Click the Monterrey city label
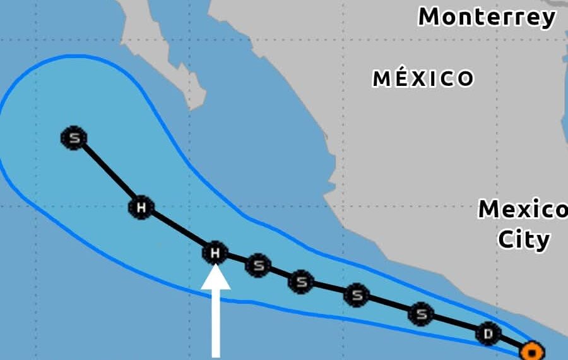(487, 17)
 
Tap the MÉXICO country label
(423, 78)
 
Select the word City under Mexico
(523, 239)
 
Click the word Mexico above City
(523, 209)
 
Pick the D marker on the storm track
(488, 333)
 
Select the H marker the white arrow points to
(215, 253)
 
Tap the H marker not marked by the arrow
(141, 207)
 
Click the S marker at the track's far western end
(74, 138)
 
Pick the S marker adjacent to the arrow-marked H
(257, 265)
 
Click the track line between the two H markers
(178, 231)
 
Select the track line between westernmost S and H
(107, 172)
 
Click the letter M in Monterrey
(430, 17)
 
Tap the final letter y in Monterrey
(547, 19)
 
